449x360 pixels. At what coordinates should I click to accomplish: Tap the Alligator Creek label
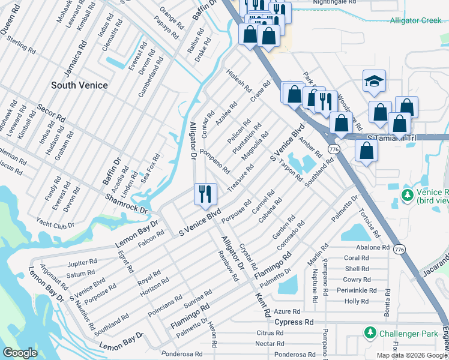[x=415, y=20]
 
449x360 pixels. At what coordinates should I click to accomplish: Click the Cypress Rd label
[x=294, y=322]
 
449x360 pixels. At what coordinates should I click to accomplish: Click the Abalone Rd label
[x=373, y=247]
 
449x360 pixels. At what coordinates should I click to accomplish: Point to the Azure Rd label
[x=286, y=312]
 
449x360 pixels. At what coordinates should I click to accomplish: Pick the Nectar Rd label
[x=270, y=343]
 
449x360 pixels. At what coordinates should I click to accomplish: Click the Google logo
[x=20, y=353]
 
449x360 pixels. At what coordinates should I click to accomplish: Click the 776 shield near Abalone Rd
[x=399, y=247]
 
